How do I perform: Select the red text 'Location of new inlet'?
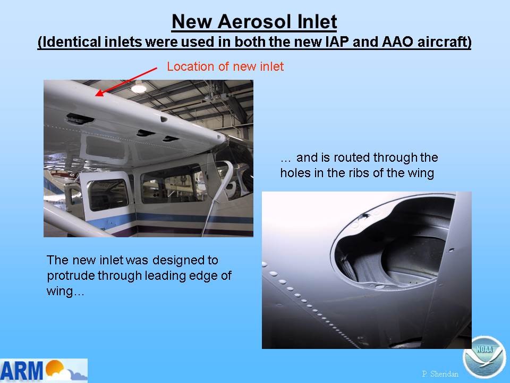(x=225, y=66)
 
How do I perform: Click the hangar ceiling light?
(x=139, y=88)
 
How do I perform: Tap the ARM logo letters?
(x=21, y=371)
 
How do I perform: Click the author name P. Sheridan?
(x=440, y=374)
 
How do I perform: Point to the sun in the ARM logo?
(x=54, y=368)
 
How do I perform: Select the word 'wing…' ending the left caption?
(x=65, y=291)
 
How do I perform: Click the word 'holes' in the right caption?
(x=295, y=172)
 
